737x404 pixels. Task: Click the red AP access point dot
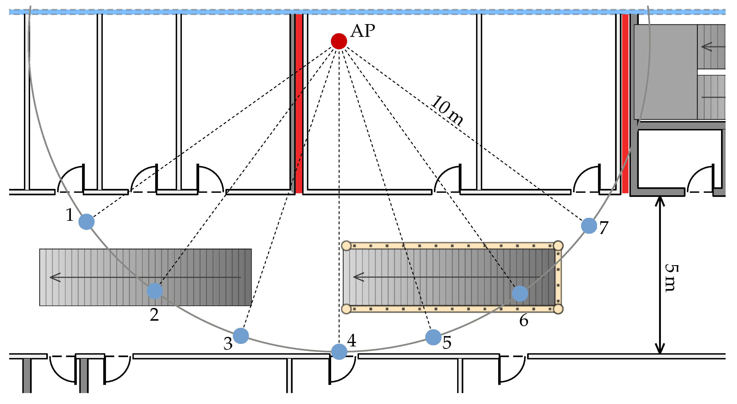pos(339,41)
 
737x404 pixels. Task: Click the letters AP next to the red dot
pos(363,31)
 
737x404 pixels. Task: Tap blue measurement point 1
pos(86,222)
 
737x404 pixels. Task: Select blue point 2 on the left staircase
pos(155,291)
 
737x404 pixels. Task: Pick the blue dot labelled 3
pos(241,336)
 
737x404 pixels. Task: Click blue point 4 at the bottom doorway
pos(339,351)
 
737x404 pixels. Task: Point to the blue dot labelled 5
pos(433,337)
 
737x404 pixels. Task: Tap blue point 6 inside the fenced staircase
pos(520,293)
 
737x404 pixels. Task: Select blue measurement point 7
pos(589,226)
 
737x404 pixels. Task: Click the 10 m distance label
pos(447,111)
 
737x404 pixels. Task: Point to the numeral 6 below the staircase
pos(523,320)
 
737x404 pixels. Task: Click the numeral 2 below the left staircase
pos(154,315)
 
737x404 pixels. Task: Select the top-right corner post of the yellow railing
pos(558,246)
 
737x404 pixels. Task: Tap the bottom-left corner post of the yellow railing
pos(346,309)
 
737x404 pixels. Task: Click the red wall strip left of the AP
pos(299,103)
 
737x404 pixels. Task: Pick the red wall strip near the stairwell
pos(625,103)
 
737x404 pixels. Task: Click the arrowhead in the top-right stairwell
pos(706,47)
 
